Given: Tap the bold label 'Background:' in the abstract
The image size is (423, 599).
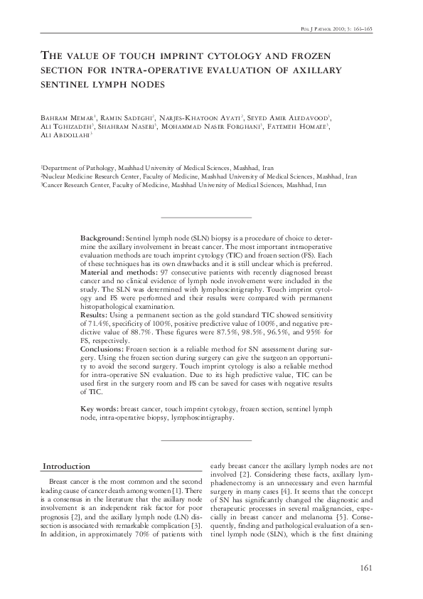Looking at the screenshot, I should pos(102,235).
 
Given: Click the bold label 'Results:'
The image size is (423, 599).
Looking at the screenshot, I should pos(95,313).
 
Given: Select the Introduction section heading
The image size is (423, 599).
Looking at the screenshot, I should pos(66,467).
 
